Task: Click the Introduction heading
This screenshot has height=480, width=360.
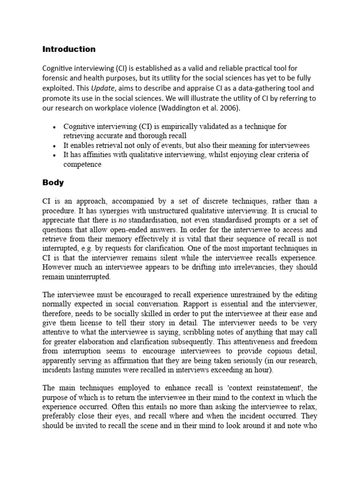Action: tap(69, 49)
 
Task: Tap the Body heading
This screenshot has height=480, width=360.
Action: tap(53, 183)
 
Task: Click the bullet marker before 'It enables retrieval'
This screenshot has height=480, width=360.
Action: tap(55, 146)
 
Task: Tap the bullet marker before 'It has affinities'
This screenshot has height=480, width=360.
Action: tap(55, 155)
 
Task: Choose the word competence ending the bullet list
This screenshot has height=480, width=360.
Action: tap(82, 165)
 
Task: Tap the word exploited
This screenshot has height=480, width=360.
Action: tap(59, 88)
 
